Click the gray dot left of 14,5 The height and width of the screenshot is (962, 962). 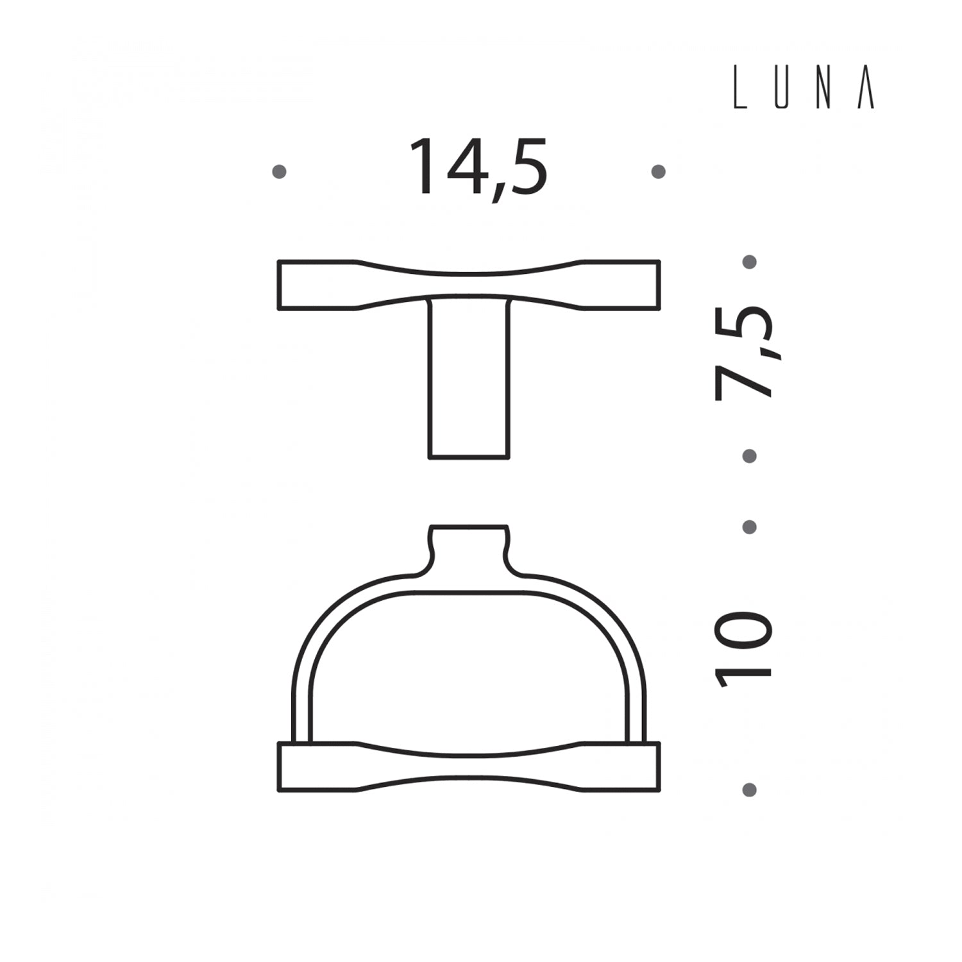pos(279,171)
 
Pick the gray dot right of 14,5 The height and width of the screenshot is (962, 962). pos(658,171)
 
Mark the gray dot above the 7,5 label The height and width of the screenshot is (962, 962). pos(749,262)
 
